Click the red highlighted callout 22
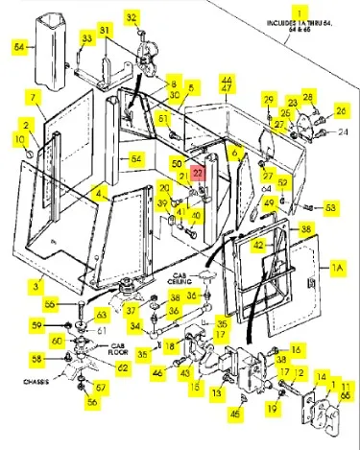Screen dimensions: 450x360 click(198, 174)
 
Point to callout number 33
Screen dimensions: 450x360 click(86, 37)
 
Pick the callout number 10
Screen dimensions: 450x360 click(22, 140)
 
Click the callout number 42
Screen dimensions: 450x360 click(257, 246)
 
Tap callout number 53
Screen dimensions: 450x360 click(330, 206)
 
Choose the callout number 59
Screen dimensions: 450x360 click(37, 325)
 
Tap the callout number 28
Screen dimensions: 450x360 click(308, 97)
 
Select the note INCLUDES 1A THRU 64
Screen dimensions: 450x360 click(306, 23)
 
